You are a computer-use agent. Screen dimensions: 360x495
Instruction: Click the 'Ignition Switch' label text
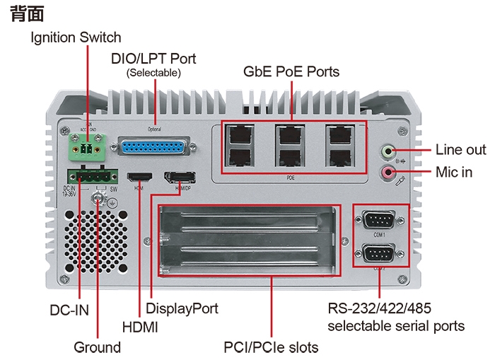[x=76, y=37]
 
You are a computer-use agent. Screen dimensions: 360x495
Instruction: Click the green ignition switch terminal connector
[x=86, y=149]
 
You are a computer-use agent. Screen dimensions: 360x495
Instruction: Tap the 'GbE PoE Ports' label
[x=291, y=71]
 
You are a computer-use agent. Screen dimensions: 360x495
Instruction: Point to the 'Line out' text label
[x=460, y=150]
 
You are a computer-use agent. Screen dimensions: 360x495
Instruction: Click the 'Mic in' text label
[x=453, y=172]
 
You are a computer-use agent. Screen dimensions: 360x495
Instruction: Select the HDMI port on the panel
[x=136, y=178]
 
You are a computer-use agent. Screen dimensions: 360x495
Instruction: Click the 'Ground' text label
[x=98, y=347]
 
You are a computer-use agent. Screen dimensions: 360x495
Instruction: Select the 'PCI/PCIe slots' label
[x=271, y=347]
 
